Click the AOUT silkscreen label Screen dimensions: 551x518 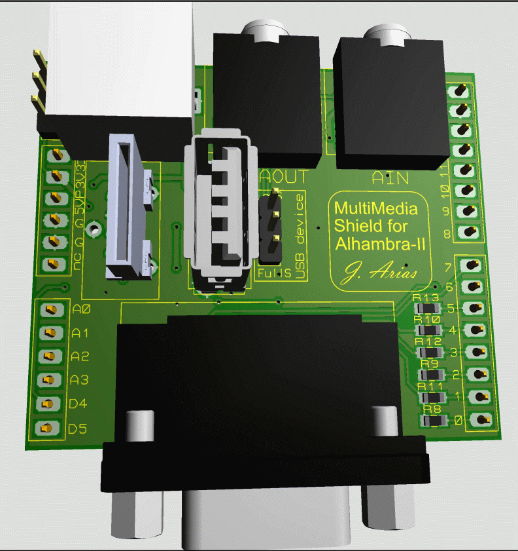(284, 176)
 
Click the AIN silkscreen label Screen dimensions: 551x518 (390, 177)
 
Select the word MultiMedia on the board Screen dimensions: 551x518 (376, 210)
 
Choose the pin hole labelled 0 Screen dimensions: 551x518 (483, 419)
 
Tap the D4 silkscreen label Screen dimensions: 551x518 (78, 404)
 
